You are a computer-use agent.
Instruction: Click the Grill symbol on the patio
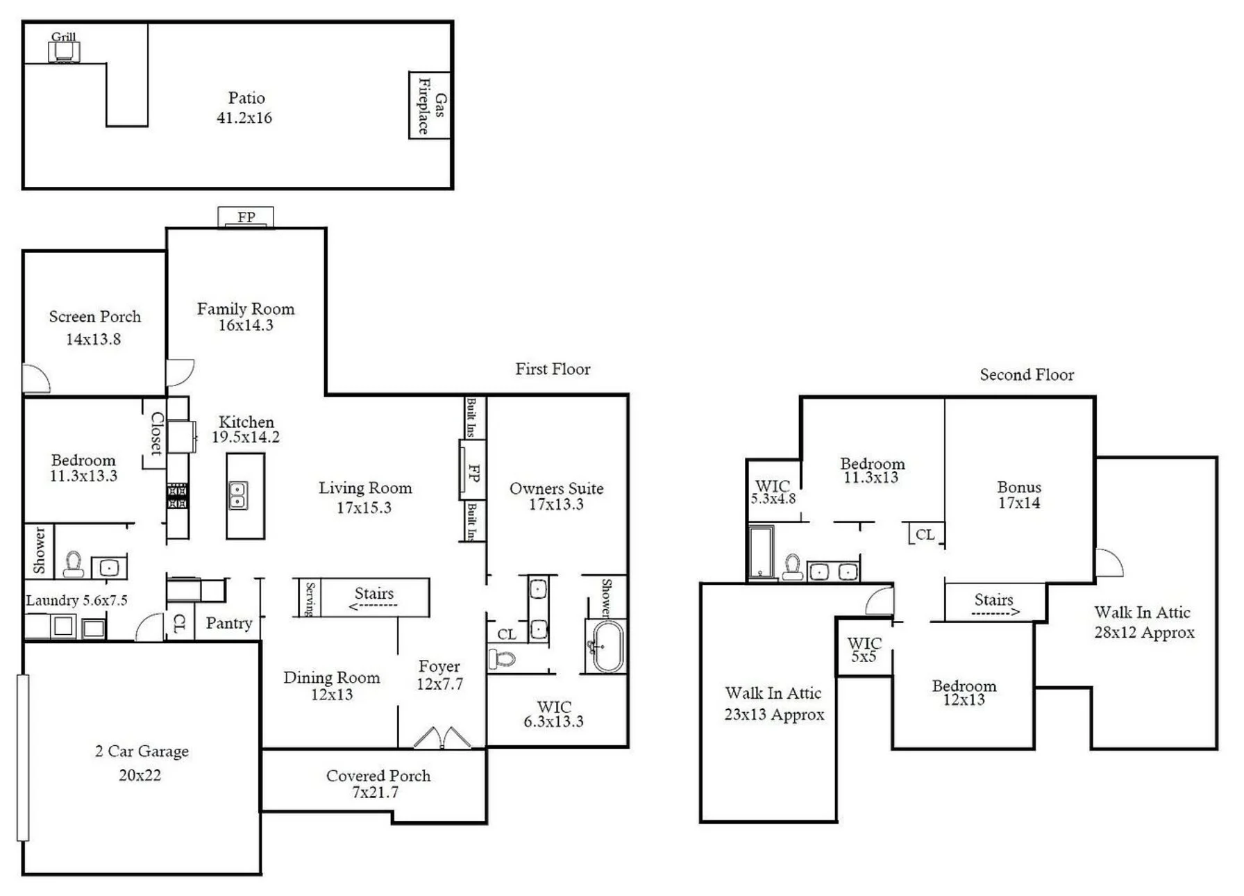(64, 52)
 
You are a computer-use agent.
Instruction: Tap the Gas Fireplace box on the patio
(430, 105)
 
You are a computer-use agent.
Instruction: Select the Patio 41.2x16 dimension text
(244, 118)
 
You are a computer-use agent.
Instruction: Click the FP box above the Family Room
(246, 217)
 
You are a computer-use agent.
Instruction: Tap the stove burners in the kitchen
(177, 496)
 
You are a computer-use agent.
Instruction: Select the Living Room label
(365, 488)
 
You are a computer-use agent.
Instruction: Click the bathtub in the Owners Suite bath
(607, 646)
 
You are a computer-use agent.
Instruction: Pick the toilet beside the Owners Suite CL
(501, 658)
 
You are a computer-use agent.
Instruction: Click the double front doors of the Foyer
(442, 738)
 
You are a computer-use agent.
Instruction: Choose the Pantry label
(229, 623)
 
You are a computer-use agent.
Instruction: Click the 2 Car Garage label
(142, 751)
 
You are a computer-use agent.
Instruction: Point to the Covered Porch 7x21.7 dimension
(375, 793)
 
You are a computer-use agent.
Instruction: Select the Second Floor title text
(1027, 375)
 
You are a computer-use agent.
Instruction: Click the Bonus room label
(1019, 487)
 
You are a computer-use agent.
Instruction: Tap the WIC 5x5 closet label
(864, 649)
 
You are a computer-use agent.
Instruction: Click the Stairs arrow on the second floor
(995, 613)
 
